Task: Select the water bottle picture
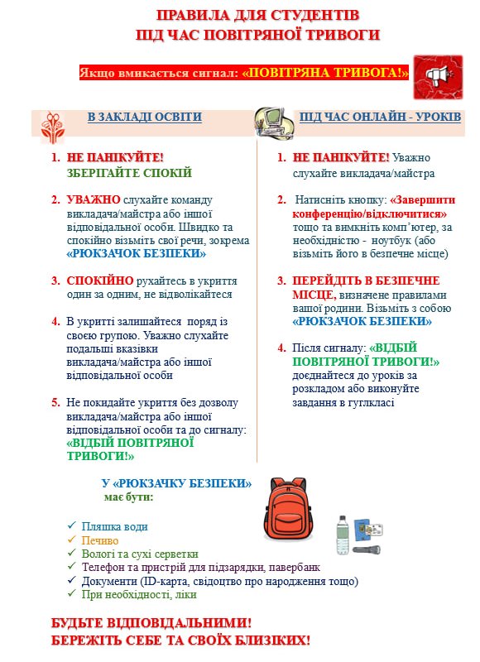[343, 535]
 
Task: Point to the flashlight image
[365, 549]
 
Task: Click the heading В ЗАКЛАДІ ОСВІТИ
[145, 117]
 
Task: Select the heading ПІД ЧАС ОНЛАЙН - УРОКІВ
[381, 117]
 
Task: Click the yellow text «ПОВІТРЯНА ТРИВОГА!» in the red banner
[325, 73]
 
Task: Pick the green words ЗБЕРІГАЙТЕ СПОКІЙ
[129, 173]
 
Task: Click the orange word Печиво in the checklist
[99, 540]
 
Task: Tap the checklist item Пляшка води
[115, 526]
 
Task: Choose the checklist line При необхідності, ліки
[139, 594]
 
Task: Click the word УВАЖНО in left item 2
[93, 199]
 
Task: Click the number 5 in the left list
[55, 402]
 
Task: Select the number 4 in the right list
[281, 348]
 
